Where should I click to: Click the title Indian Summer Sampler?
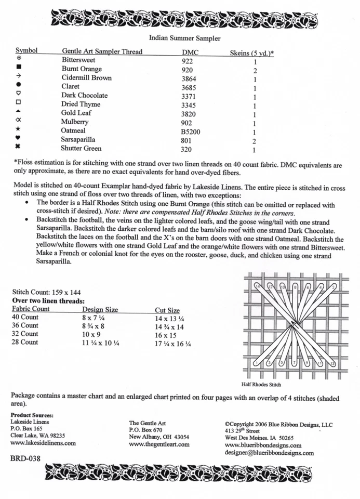[x=184, y=38]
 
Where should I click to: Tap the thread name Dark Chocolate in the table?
[x=85, y=96]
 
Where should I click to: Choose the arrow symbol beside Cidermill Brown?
[x=19, y=76]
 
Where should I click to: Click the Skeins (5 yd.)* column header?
[x=252, y=52]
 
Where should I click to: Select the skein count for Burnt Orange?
[x=255, y=70]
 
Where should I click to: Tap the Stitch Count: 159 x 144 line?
[x=46, y=293]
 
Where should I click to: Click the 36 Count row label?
[x=25, y=325]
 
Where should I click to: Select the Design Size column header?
[x=100, y=309]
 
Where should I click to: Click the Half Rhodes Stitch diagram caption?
[x=261, y=385]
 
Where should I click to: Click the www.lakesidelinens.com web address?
[x=43, y=443]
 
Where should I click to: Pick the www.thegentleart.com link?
[x=159, y=444]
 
